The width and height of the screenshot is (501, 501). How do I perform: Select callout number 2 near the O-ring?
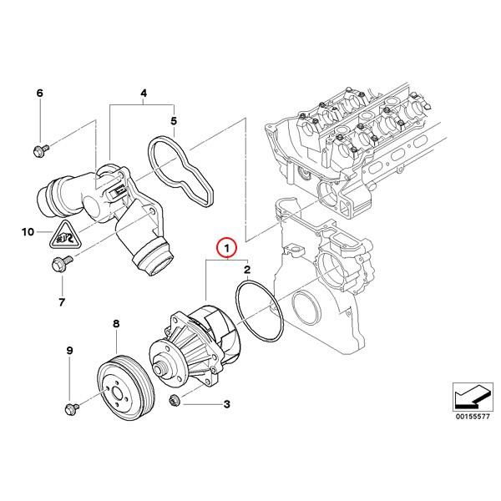coord(247,270)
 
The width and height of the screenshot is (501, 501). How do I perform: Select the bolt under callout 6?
coord(39,150)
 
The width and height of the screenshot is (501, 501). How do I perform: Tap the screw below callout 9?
coord(70,407)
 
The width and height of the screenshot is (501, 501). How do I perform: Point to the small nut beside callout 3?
coord(175,402)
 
